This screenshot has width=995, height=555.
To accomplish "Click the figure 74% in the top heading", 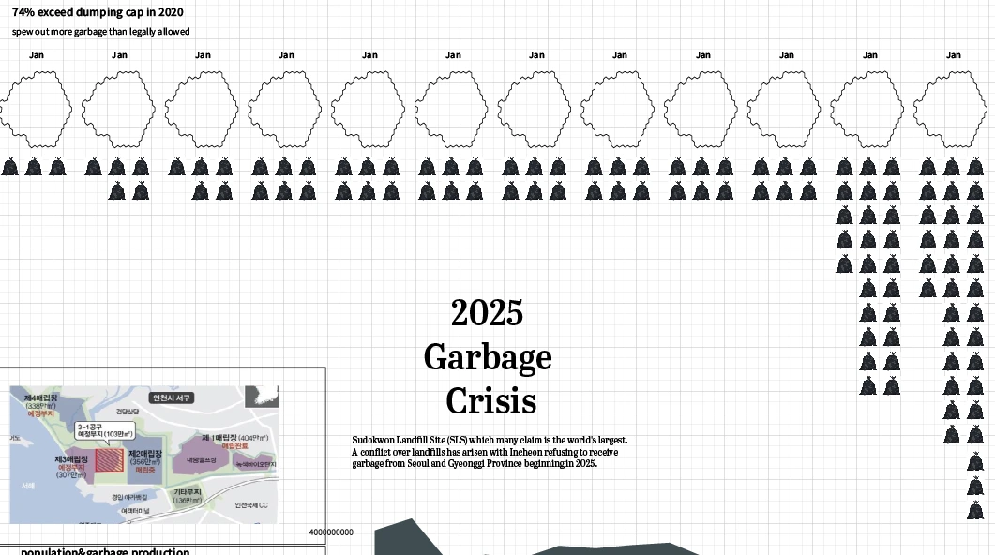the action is [x=25, y=12].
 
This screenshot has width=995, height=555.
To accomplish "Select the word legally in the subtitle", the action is [x=141, y=32].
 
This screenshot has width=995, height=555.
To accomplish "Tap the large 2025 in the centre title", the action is [x=487, y=312].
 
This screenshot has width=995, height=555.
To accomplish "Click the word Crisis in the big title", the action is [x=490, y=401].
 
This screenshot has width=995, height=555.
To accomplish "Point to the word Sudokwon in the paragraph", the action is [x=371, y=440].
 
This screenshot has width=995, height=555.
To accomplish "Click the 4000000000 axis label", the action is [x=331, y=532].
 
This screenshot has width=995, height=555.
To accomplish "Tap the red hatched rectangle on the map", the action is [x=110, y=458].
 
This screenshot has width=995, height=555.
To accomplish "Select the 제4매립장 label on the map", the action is [x=40, y=397].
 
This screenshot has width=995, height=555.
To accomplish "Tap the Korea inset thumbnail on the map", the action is [x=262, y=397].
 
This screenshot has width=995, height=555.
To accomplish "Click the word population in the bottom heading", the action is [x=52, y=551].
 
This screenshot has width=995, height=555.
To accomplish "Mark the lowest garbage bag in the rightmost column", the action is [x=976, y=510].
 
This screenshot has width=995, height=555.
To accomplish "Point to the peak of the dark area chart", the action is [x=409, y=520].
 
